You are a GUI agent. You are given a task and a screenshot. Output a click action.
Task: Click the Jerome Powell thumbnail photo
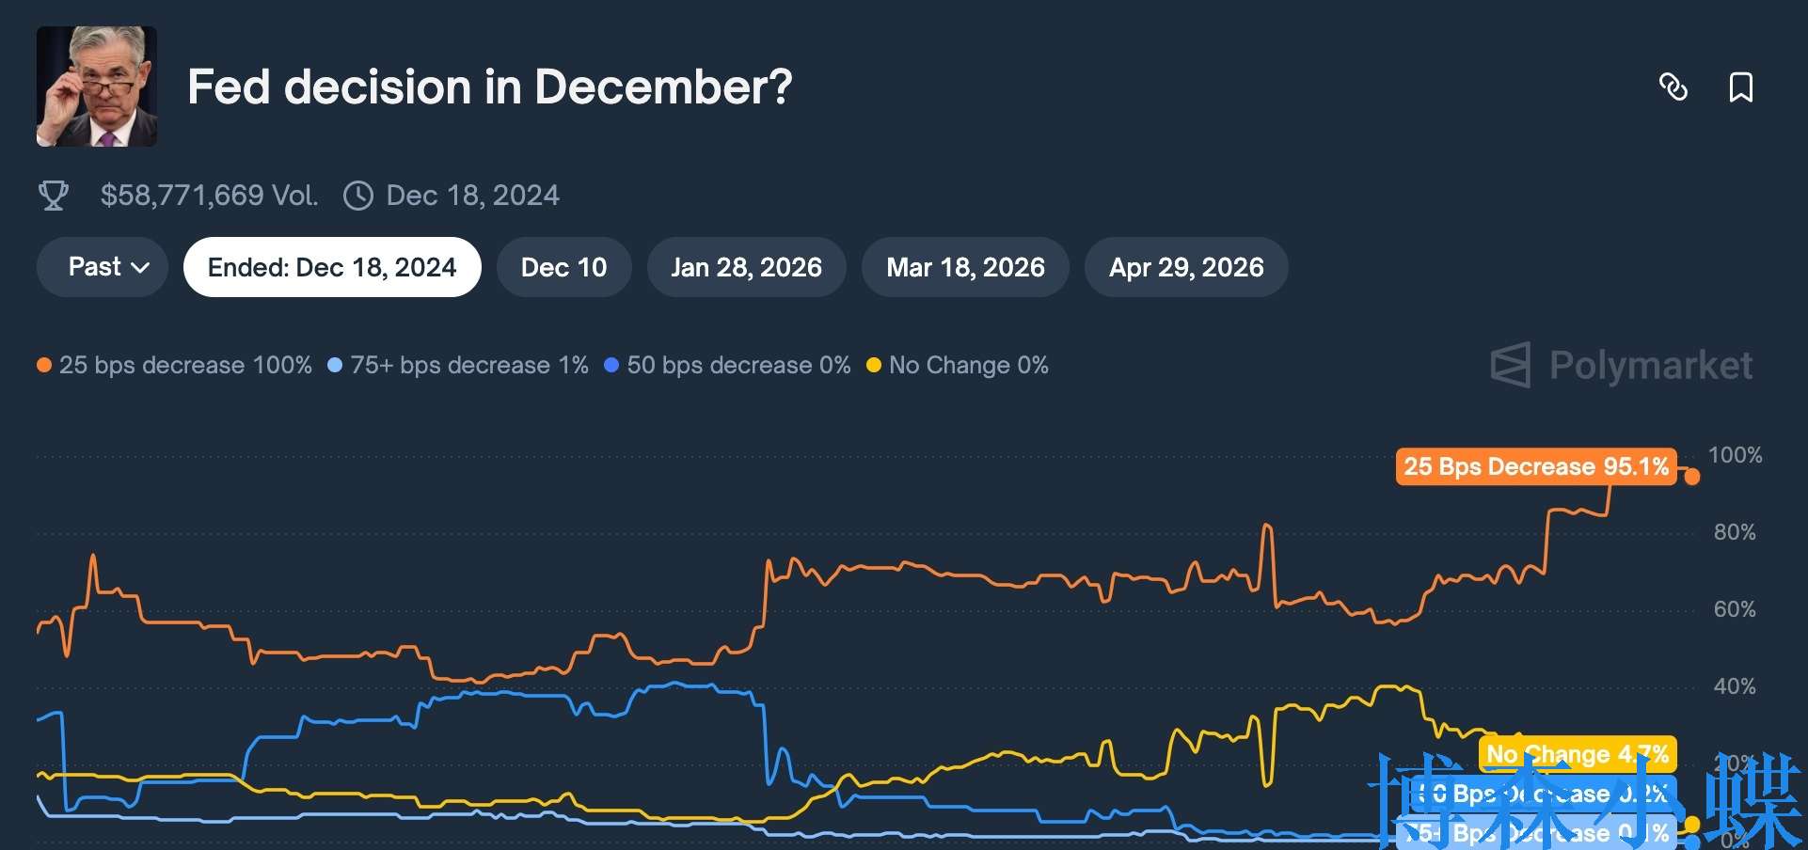tap(97, 87)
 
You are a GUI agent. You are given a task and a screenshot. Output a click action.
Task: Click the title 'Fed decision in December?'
tap(489, 87)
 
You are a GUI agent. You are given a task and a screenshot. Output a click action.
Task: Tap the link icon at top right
tap(1673, 87)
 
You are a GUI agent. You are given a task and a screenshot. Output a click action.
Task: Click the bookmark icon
tap(1740, 87)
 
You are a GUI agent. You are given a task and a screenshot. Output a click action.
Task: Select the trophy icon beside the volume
tap(54, 196)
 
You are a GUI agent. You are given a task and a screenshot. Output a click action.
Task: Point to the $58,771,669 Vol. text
tap(209, 196)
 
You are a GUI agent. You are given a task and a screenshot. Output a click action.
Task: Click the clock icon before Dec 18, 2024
tap(358, 196)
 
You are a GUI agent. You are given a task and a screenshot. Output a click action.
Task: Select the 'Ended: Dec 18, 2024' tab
tap(332, 267)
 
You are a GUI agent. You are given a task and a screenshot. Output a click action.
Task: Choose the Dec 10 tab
tap(563, 267)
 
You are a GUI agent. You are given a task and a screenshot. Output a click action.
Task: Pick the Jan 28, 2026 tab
tap(746, 267)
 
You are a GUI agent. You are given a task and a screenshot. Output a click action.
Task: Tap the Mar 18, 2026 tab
tap(965, 267)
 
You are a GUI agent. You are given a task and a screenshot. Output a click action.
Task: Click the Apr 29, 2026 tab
tap(1186, 267)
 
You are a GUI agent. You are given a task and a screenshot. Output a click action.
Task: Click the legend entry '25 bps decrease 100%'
tap(175, 365)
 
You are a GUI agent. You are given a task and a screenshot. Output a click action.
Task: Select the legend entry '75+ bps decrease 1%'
tap(458, 365)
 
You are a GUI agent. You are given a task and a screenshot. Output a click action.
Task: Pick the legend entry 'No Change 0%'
tap(958, 365)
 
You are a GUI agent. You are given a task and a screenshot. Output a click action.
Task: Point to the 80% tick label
tap(1734, 532)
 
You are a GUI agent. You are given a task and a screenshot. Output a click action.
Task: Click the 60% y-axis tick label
tap(1734, 609)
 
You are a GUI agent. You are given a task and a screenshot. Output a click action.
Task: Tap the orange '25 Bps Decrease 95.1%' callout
tap(1535, 466)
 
